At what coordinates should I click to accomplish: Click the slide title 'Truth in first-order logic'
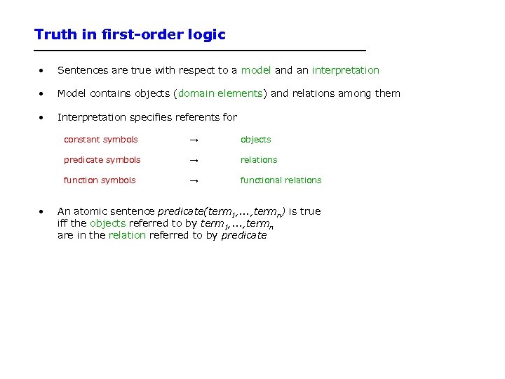[130, 34]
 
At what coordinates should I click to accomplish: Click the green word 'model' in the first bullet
[256, 70]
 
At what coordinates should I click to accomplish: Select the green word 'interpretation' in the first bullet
[345, 70]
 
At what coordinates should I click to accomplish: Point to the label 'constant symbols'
[100, 140]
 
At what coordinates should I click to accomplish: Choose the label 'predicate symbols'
[102, 160]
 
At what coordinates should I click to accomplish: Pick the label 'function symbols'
[100, 180]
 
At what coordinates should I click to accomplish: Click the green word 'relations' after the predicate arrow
[259, 160]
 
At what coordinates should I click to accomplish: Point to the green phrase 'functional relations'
[281, 180]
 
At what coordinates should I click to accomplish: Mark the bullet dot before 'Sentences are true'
[43, 71]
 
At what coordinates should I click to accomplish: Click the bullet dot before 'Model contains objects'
[43, 94]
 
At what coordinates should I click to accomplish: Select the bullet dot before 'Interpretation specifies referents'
[43, 118]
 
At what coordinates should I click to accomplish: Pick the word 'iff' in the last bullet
[62, 223]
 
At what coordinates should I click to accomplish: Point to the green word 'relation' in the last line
[127, 235]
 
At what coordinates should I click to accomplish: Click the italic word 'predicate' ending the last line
[244, 236]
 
